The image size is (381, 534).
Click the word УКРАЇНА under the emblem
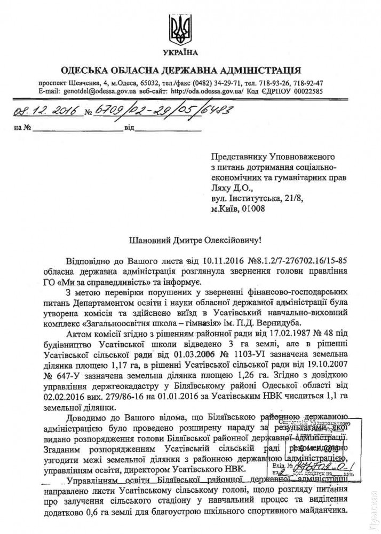pyautogui.click(x=180, y=52)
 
